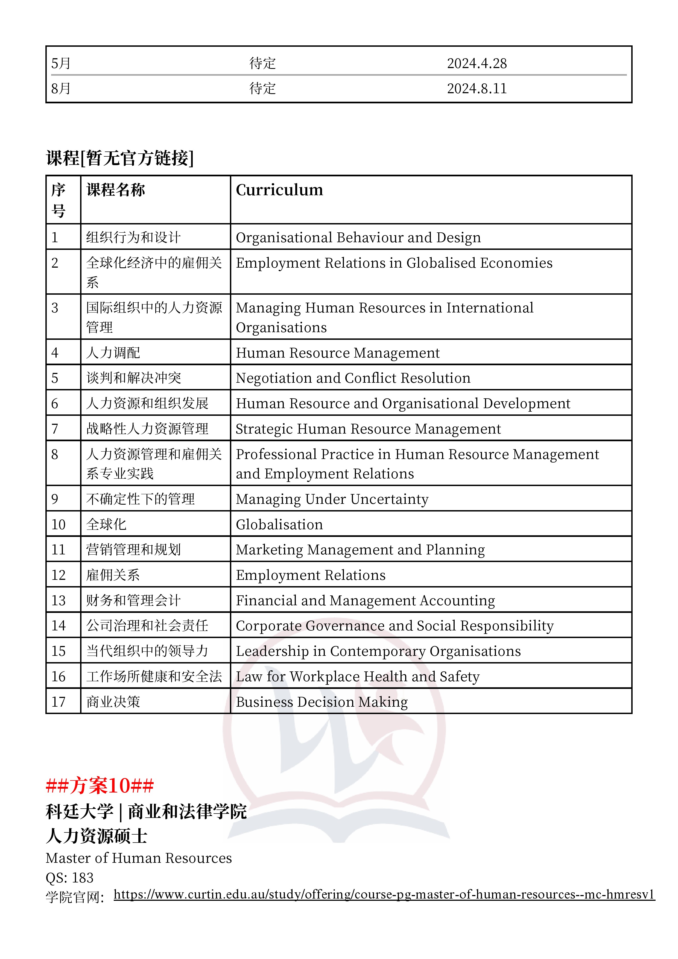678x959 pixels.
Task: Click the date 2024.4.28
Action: pos(477,63)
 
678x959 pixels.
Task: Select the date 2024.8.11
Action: pos(477,89)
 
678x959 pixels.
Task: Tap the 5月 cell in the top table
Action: pos(61,63)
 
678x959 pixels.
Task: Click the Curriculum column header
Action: pos(279,190)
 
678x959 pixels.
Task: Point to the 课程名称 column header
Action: pos(116,190)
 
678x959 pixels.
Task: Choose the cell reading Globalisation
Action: pos(279,525)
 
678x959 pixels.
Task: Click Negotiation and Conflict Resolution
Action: pos(353,378)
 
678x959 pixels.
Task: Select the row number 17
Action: pos(59,702)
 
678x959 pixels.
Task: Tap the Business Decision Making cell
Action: pos(322,702)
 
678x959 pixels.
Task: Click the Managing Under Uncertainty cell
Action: pos(332,499)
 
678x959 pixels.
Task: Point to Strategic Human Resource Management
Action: pos(368,429)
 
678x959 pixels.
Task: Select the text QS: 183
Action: pos(70,878)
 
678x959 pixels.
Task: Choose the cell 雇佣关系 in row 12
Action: pos(113,575)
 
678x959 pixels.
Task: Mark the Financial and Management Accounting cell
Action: pos(365,601)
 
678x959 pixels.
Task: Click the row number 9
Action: pos(55,499)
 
